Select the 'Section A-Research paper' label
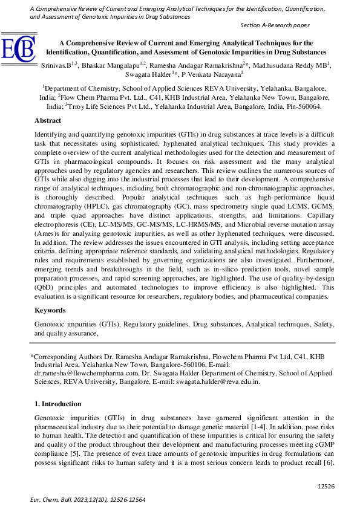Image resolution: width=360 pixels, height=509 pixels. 275,25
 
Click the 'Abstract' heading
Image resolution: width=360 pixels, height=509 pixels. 48,121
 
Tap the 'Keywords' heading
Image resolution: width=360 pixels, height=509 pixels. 50,310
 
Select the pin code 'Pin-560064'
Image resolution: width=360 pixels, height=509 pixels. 303,106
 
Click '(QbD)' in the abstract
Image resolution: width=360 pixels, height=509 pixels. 45,288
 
